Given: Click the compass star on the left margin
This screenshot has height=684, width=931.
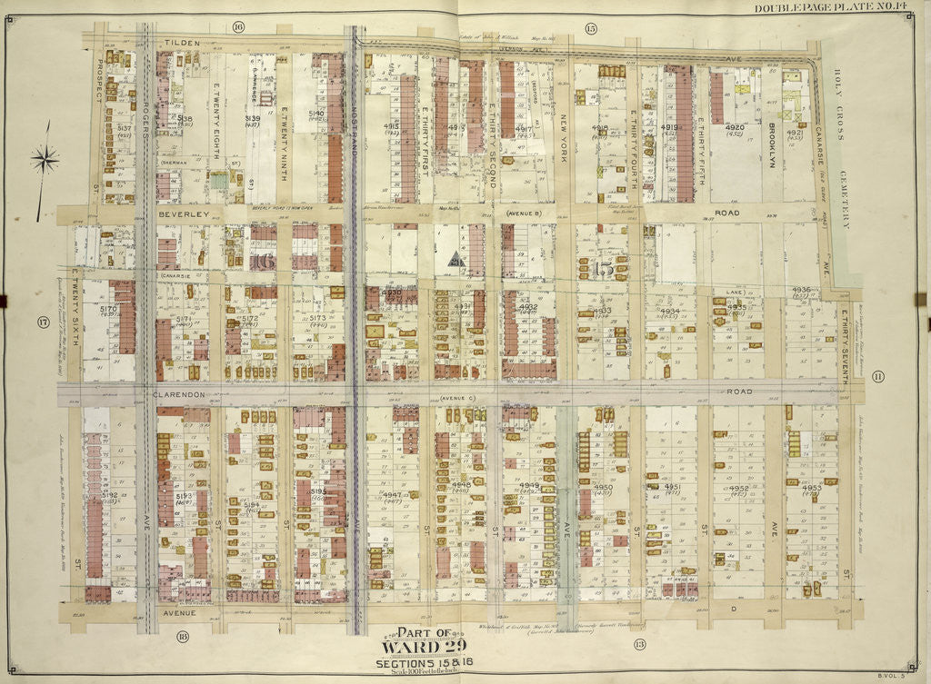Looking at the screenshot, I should tap(44, 161).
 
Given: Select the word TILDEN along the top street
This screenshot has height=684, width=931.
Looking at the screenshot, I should tap(181, 43).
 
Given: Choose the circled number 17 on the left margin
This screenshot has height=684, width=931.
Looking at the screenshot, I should tap(42, 322).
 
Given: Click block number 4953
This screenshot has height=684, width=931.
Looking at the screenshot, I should tap(812, 488).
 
